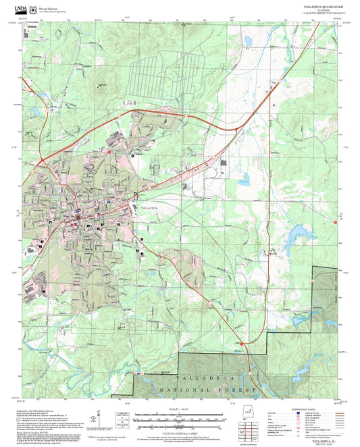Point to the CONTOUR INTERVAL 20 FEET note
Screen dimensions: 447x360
tap(180, 430)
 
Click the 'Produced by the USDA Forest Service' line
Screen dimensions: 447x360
tap(34, 410)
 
